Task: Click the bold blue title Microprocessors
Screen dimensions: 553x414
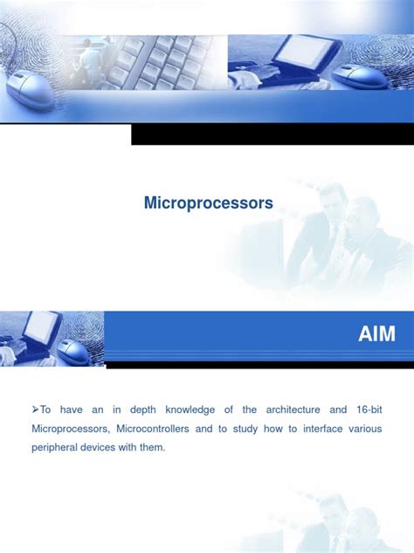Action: pos(208,203)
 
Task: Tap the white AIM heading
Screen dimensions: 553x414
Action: pos(377,333)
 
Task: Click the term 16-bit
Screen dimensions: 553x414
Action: pos(369,409)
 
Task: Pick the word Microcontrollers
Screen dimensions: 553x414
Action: pos(153,429)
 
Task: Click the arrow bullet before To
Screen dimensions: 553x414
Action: pos(36,409)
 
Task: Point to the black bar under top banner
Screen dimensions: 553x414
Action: pos(271,134)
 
